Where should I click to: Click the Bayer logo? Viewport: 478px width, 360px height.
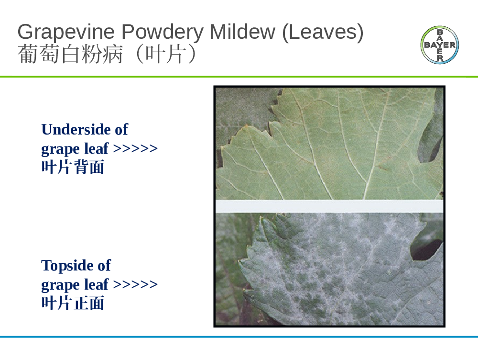click(x=440, y=45)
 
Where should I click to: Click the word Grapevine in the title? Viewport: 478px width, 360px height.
click(x=66, y=32)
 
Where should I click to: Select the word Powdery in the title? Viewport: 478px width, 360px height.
click(x=163, y=32)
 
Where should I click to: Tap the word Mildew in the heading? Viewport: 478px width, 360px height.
click(x=242, y=32)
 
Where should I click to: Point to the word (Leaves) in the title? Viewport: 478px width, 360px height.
click(x=323, y=32)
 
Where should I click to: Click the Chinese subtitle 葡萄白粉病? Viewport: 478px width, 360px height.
click(x=70, y=55)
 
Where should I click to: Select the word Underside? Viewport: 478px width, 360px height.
click(x=76, y=129)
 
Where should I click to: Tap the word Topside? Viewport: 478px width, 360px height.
click(x=68, y=265)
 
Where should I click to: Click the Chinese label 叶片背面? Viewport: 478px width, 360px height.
click(x=73, y=167)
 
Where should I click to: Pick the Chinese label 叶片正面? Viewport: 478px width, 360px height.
click(x=73, y=303)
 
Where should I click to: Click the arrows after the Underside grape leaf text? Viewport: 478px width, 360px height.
click(x=135, y=149)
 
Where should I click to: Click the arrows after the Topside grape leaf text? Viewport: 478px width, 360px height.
click(x=135, y=284)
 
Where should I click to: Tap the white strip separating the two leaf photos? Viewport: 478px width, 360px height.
click(x=329, y=206)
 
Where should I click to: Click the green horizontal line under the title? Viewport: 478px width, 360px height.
click(x=239, y=76)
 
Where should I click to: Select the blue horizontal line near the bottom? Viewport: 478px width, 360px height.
click(x=239, y=337)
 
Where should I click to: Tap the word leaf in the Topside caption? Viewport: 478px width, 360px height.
click(x=97, y=284)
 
